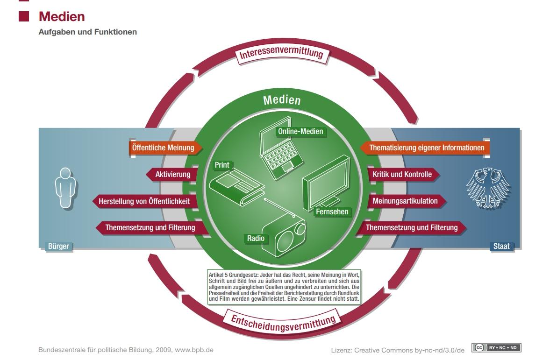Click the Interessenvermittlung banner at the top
[x=281, y=54]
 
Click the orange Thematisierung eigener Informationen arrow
[x=425, y=148]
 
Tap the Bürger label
[x=58, y=246]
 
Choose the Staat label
[x=501, y=246]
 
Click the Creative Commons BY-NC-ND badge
[x=497, y=348]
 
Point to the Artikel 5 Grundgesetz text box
[x=284, y=286]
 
